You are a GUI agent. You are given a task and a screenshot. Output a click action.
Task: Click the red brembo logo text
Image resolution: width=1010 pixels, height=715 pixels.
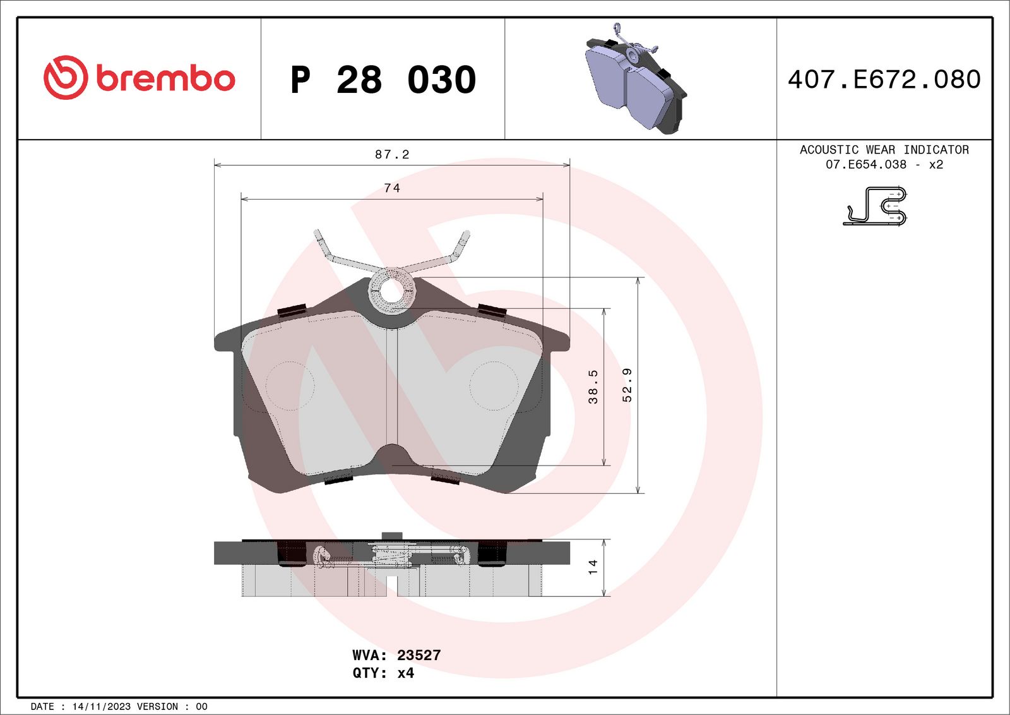(x=165, y=78)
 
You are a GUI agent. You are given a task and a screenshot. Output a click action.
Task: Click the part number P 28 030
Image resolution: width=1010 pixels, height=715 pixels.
(x=383, y=80)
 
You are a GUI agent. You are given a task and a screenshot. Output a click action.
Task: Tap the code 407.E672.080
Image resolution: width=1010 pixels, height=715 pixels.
(x=884, y=80)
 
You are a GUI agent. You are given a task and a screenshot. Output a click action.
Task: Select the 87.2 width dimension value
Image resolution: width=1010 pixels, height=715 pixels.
(x=392, y=155)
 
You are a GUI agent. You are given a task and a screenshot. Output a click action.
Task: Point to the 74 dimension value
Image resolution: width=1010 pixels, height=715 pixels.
(x=392, y=188)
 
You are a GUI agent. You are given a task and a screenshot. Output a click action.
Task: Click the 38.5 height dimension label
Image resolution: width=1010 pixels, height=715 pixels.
(x=593, y=387)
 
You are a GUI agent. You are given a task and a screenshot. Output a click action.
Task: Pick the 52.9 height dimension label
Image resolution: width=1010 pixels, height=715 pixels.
(x=627, y=385)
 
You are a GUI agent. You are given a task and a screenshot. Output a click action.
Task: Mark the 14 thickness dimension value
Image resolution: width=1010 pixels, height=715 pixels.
(x=592, y=567)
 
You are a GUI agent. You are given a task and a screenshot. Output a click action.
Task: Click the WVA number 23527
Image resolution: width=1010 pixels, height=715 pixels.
(x=419, y=655)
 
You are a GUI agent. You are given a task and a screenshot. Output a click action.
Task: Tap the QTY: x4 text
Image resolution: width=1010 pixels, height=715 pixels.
(x=383, y=673)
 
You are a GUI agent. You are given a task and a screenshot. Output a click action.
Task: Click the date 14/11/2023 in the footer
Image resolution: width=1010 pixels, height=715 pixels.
(x=101, y=706)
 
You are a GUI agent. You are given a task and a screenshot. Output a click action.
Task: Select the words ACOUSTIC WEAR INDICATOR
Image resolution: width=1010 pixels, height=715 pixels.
(x=884, y=150)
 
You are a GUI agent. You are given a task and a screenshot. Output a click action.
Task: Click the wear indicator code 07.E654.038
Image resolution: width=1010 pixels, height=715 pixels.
(x=865, y=164)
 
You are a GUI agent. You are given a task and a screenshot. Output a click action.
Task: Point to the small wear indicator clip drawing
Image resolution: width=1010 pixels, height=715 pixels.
(x=876, y=206)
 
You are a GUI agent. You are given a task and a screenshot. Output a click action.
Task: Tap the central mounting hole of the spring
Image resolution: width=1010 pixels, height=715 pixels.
(x=391, y=291)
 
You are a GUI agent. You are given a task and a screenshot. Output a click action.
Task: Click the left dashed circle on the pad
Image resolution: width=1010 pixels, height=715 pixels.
(x=290, y=386)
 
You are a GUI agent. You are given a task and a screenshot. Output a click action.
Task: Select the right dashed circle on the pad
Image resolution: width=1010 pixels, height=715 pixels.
(x=494, y=386)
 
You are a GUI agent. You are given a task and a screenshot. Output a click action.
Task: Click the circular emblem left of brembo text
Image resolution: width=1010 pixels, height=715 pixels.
(x=65, y=78)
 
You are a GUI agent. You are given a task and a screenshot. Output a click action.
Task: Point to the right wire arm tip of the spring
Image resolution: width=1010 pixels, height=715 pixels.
(x=465, y=236)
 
